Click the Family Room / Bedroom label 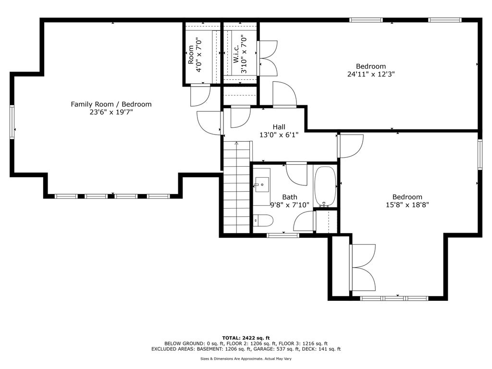[111, 104]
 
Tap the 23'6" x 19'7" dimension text [111, 112]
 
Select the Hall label [279, 127]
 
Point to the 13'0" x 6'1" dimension [279, 135]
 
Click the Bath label [290, 197]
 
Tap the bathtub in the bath [325, 187]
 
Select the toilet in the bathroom [263, 220]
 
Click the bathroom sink [262, 185]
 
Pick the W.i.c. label [236, 53]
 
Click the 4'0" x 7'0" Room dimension [198, 55]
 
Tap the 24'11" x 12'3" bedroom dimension [371, 74]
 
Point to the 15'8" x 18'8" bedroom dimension [407, 205]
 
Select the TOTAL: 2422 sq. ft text [246, 338]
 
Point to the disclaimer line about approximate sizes [246, 358]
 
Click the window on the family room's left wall [12, 122]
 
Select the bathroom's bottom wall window [283, 235]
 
